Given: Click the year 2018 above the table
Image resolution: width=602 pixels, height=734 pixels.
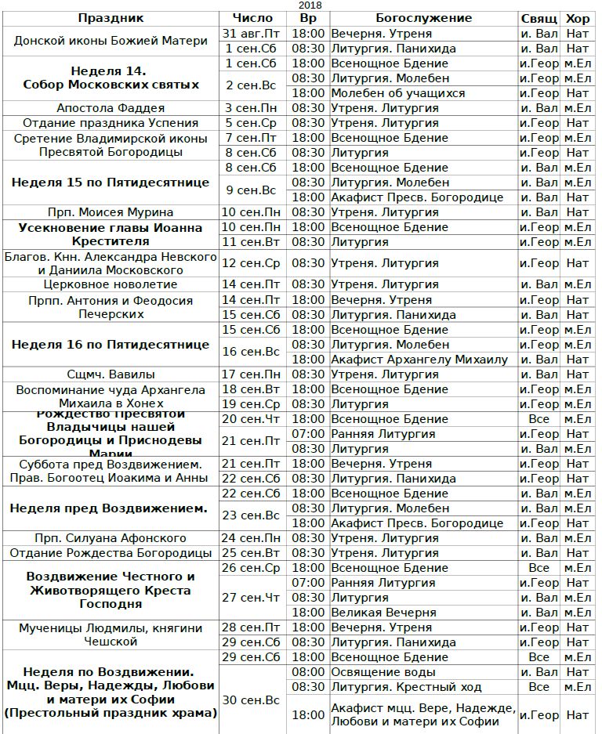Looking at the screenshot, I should coord(310,5).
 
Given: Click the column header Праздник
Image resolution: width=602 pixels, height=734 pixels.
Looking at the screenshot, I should coord(111,18).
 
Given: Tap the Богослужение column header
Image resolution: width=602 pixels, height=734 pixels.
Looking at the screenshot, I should coord(423,18).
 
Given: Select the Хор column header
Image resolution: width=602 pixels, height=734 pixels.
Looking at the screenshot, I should coord(578,18).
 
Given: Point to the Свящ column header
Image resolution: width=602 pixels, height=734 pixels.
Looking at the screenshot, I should coord(539,18).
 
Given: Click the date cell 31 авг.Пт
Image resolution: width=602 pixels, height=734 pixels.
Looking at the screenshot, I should coord(253,34).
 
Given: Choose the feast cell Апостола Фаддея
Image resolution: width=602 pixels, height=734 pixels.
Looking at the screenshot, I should coord(111,108).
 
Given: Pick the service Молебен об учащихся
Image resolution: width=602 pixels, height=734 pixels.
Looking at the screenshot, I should coord(397,93).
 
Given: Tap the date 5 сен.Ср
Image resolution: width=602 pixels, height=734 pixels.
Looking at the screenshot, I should coord(253,123).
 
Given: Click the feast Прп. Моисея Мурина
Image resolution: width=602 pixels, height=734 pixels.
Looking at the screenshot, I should coord(111,212).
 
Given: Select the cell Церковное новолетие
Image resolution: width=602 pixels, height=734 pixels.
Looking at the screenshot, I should coord(111,284).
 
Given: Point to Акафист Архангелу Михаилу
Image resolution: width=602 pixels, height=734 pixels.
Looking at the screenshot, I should coord(419,360).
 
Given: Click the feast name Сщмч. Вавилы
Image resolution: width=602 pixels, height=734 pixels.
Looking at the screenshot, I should coord(111,374).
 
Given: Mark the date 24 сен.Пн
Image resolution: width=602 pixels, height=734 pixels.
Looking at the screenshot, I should coord(253,538).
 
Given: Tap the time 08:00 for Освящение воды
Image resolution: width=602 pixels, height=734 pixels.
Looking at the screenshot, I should coord(307,672).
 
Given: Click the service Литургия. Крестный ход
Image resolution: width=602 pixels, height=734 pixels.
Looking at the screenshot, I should coord(406,687).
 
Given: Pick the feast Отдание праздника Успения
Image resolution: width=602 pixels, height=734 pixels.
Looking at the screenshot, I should coord(111,123).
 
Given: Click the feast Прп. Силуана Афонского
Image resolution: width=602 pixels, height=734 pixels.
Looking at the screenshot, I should coord(111,538).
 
